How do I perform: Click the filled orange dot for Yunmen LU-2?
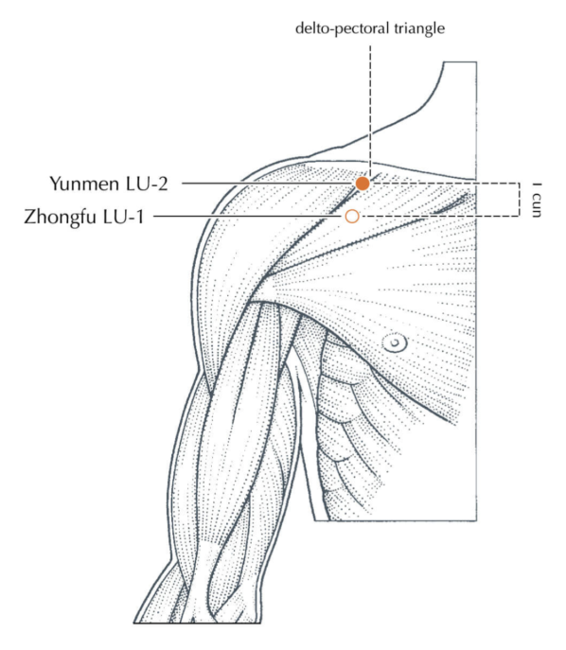point(363,184)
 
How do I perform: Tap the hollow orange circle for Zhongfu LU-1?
point(352,216)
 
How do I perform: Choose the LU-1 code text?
point(124,217)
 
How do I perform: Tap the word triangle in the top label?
point(419,29)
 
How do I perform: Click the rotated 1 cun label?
point(536,200)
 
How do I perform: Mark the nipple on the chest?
point(395,343)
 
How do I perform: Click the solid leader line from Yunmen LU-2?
point(269,184)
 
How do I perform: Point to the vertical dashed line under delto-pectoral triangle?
point(370,111)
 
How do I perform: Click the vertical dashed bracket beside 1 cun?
point(519,200)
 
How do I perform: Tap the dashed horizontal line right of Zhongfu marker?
point(439,216)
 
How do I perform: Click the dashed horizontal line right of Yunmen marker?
point(444,184)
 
